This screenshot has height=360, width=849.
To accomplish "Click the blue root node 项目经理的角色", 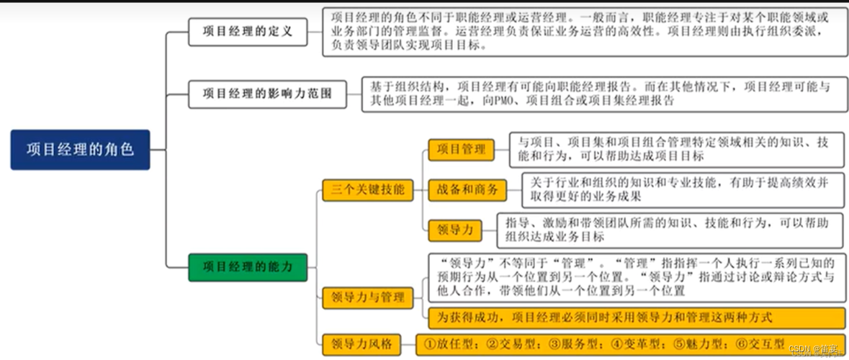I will pos(80,150).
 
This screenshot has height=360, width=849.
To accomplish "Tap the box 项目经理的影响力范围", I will pos(267,94).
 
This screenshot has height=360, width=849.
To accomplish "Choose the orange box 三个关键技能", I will pos(367,190).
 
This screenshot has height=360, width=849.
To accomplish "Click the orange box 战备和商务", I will pos(467,190).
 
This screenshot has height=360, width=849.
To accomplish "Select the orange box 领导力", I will pos(455,230).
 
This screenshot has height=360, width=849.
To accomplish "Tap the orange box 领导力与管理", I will pos(367,297).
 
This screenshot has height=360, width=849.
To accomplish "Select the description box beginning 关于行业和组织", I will pos(682,190).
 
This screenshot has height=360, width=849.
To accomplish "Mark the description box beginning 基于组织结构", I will pos(604,94).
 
